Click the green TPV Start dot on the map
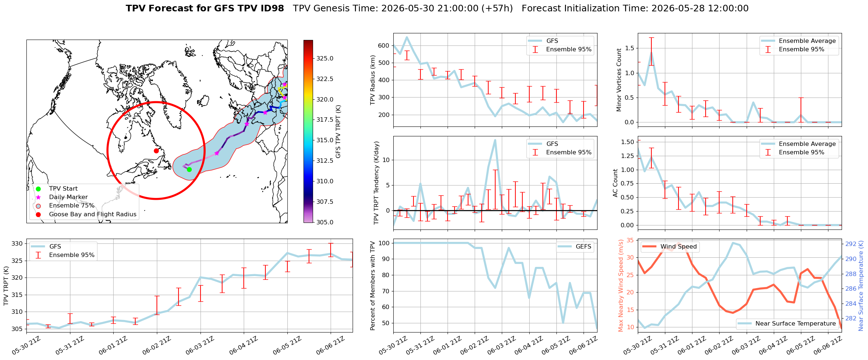click(189, 169)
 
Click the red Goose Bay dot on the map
click(156, 151)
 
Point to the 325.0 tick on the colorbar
click(325, 58)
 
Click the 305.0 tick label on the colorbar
click(325, 222)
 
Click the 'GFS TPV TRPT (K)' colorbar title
click(338, 132)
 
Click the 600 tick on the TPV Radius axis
click(383, 45)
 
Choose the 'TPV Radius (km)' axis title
click(373, 80)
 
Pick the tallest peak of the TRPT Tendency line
click(495, 140)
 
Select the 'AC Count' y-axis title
click(615, 183)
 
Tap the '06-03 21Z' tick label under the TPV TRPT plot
click(200, 345)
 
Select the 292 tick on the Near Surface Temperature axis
click(851, 244)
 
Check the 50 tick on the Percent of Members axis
click(385, 323)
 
